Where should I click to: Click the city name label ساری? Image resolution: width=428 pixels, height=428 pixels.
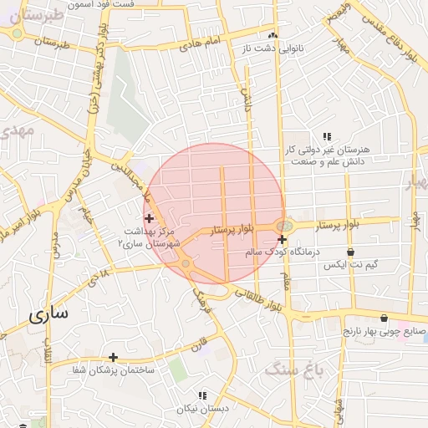pyautogui.click(x=49, y=315)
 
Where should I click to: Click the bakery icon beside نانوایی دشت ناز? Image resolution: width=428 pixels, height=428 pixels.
pyautogui.click(x=273, y=37)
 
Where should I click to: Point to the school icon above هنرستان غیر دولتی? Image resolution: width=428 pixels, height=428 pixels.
pyautogui.click(x=327, y=135)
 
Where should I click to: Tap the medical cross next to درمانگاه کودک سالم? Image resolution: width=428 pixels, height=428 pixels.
pyautogui.click(x=283, y=240)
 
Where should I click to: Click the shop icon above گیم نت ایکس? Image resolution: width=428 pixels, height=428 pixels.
pyautogui.click(x=350, y=251)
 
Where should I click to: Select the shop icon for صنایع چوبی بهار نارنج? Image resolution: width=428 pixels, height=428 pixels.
pyautogui.click(x=384, y=318)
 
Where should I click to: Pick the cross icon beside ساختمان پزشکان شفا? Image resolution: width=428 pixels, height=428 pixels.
pyautogui.click(x=113, y=357)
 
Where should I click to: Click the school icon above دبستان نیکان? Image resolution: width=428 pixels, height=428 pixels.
pyautogui.click(x=201, y=395)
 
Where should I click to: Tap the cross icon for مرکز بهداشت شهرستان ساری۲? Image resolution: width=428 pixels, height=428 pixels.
pyautogui.click(x=149, y=218)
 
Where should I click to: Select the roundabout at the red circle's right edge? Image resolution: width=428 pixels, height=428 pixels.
pyautogui.click(x=285, y=226)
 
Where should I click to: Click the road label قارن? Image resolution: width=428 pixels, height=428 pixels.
pyautogui.click(x=199, y=344)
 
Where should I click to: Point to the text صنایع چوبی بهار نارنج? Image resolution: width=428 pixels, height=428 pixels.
pyautogui.click(x=385, y=331)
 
